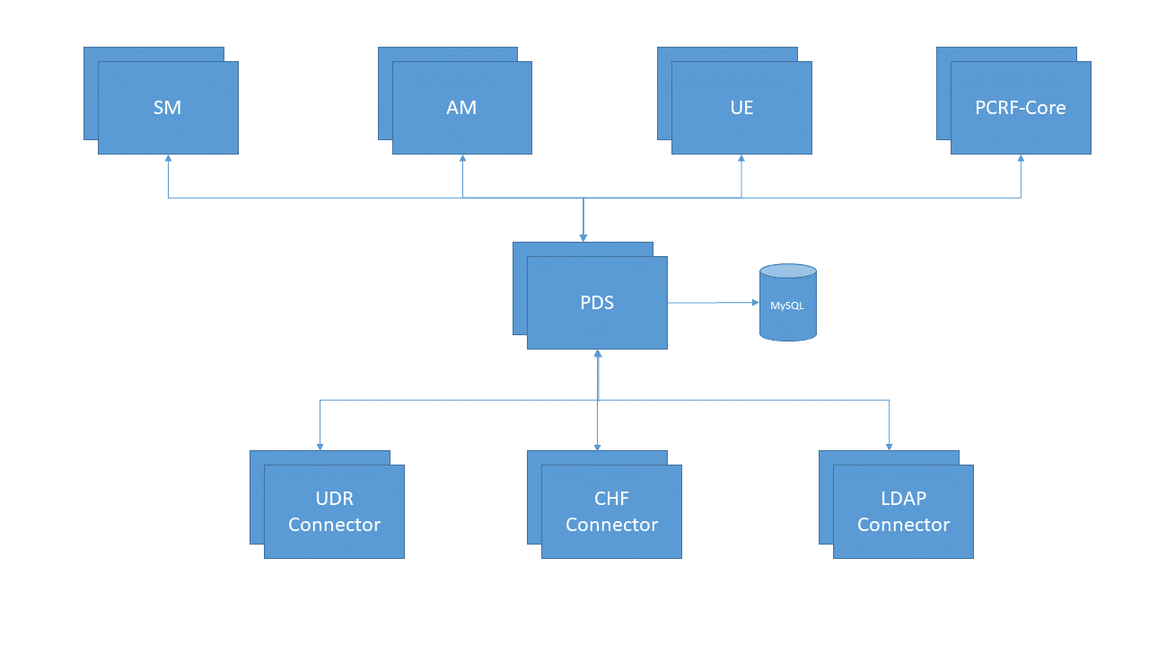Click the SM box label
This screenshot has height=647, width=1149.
(168, 108)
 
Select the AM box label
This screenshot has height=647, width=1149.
(461, 108)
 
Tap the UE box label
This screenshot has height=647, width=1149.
(741, 108)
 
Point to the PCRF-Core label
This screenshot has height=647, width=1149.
(1021, 108)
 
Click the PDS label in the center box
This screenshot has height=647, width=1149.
(597, 303)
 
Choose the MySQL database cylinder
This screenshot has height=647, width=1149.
(787, 303)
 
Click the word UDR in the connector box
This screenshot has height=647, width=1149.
(334, 499)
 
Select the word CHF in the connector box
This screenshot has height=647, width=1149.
(611, 499)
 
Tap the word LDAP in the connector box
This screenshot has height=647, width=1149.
(903, 499)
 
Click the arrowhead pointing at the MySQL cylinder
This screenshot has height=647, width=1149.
(755, 303)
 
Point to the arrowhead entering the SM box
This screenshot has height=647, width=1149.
(168, 158)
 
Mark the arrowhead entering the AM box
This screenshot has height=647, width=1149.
(462, 158)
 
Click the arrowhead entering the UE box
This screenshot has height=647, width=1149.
(741, 158)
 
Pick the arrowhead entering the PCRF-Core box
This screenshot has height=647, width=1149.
(1021, 158)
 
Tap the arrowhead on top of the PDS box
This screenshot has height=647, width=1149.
(583, 238)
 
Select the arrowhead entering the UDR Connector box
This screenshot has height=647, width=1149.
(320, 447)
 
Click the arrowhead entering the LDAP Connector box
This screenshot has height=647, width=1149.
(890, 447)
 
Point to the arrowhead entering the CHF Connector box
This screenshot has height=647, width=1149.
(598, 447)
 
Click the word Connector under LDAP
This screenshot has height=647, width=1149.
(903, 525)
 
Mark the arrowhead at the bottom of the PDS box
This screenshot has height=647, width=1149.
(598, 353)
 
